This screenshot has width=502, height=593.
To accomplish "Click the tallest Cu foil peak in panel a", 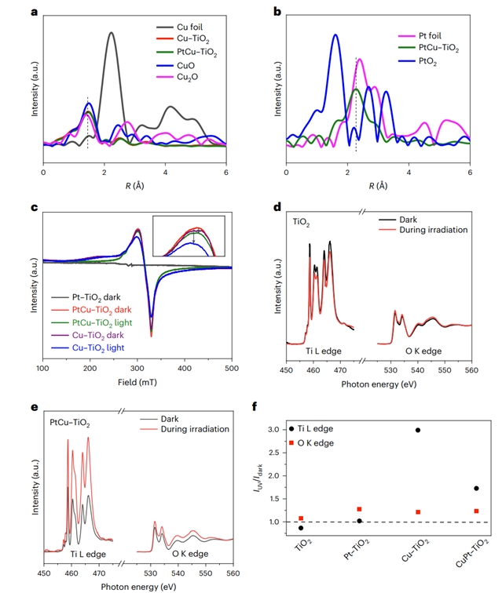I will pyautogui.click(x=112, y=33).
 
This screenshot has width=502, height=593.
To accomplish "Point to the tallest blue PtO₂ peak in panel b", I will pyautogui.click(x=335, y=35).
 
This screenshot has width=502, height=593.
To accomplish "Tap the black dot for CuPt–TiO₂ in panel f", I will pyautogui.click(x=476, y=489).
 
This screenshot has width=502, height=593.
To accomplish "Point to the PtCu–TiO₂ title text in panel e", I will pyautogui.click(x=70, y=424).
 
